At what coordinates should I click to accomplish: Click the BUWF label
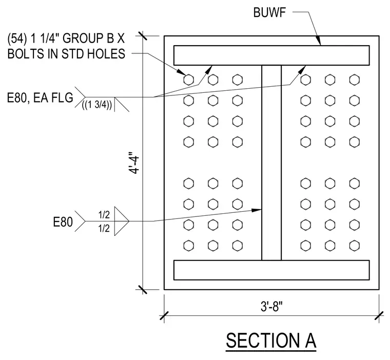click(x=269, y=12)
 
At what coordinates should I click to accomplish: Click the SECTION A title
click(x=271, y=341)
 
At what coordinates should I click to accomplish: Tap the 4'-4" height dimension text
click(x=134, y=163)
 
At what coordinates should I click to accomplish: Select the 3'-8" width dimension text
click(x=271, y=306)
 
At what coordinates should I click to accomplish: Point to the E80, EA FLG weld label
click(x=40, y=97)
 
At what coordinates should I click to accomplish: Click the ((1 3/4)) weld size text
click(x=97, y=105)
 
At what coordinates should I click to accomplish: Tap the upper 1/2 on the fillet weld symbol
click(x=104, y=215)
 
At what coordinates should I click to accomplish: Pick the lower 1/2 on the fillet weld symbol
click(x=104, y=228)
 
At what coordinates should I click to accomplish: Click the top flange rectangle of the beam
click(x=271, y=55)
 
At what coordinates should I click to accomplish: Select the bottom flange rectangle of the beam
click(x=271, y=270)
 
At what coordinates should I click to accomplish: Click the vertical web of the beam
click(x=271, y=163)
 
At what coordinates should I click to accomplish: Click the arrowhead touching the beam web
click(x=257, y=210)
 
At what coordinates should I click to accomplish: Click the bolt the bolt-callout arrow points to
click(x=188, y=80)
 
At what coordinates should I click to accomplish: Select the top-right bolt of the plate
click(x=355, y=80)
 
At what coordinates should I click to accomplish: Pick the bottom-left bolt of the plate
click(x=188, y=246)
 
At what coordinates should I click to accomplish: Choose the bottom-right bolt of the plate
click(x=355, y=246)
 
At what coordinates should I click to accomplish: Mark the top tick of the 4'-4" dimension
click(x=143, y=36)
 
